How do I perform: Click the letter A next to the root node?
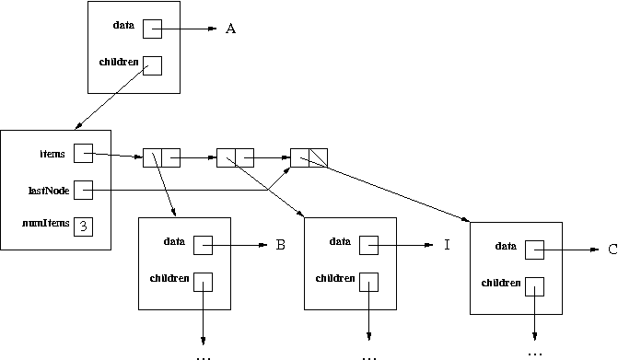231,29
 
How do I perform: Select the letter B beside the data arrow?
280,246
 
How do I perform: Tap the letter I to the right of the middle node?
446,246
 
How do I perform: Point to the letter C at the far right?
612,249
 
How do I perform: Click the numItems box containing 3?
84,225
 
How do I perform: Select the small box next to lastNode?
84,190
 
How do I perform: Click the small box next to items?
84,154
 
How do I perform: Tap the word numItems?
45,224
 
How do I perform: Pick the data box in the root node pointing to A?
152,29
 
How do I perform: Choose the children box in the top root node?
152,65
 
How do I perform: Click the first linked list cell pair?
161,157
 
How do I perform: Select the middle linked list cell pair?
235,157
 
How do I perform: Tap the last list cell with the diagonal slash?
309,157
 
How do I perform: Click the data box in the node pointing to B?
204,245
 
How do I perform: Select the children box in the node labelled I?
369,281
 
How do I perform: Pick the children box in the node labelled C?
534,285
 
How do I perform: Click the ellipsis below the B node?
204,354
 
